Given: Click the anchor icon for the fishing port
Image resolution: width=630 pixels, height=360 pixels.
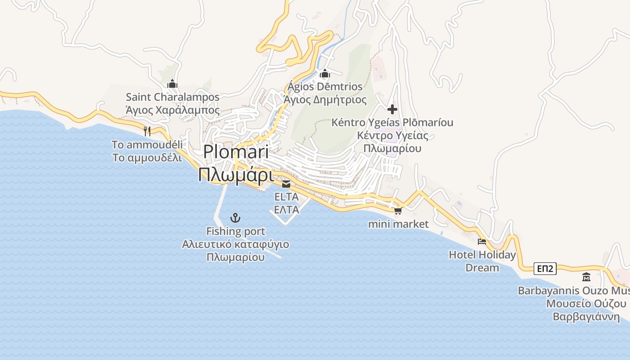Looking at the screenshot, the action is pyautogui.click(x=235, y=218).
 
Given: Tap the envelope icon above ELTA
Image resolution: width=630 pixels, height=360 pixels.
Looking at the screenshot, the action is pyautogui.click(x=286, y=184).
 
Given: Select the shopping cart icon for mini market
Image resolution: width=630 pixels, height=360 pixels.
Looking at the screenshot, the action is pyautogui.click(x=398, y=211).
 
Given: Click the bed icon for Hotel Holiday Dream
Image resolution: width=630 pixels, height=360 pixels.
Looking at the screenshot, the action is pyautogui.click(x=482, y=242).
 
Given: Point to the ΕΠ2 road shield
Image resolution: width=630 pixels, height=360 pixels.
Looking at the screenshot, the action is pyautogui.click(x=545, y=269).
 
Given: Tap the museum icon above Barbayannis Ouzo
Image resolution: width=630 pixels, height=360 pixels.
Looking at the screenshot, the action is pyautogui.click(x=586, y=277).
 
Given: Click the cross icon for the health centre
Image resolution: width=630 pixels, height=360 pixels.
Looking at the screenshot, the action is pyautogui.click(x=392, y=109).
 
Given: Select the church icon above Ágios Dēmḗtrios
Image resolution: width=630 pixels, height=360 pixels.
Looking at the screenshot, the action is pyautogui.click(x=325, y=73).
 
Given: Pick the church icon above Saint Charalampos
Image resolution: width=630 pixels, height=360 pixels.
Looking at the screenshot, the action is pyautogui.click(x=172, y=84).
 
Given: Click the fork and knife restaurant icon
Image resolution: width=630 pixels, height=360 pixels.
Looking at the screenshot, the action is pyautogui.click(x=147, y=131).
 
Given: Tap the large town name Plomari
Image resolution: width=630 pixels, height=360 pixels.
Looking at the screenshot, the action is pyautogui.click(x=236, y=152).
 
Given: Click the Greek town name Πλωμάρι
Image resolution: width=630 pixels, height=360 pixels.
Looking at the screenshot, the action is pyautogui.click(x=236, y=175).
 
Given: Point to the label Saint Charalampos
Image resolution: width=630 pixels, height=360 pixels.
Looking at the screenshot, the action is pyautogui.click(x=172, y=97).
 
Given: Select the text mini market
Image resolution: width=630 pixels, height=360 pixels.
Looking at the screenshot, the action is pyautogui.click(x=398, y=224).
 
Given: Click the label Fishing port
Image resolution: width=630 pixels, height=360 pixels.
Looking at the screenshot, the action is pyautogui.click(x=235, y=231).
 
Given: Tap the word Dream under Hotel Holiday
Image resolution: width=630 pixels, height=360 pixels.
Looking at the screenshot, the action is pyautogui.click(x=482, y=268).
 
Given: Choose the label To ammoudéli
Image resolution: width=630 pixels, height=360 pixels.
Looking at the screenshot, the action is pyautogui.click(x=147, y=144).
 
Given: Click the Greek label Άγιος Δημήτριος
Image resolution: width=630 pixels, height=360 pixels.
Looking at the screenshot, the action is pyautogui.click(x=325, y=99).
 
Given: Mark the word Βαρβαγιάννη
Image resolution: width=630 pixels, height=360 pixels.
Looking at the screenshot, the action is pyautogui.click(x=586, y=316).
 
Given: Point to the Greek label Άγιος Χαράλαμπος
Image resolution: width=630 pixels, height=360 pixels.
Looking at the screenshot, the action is pyautogui.click(x=172, y=110).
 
